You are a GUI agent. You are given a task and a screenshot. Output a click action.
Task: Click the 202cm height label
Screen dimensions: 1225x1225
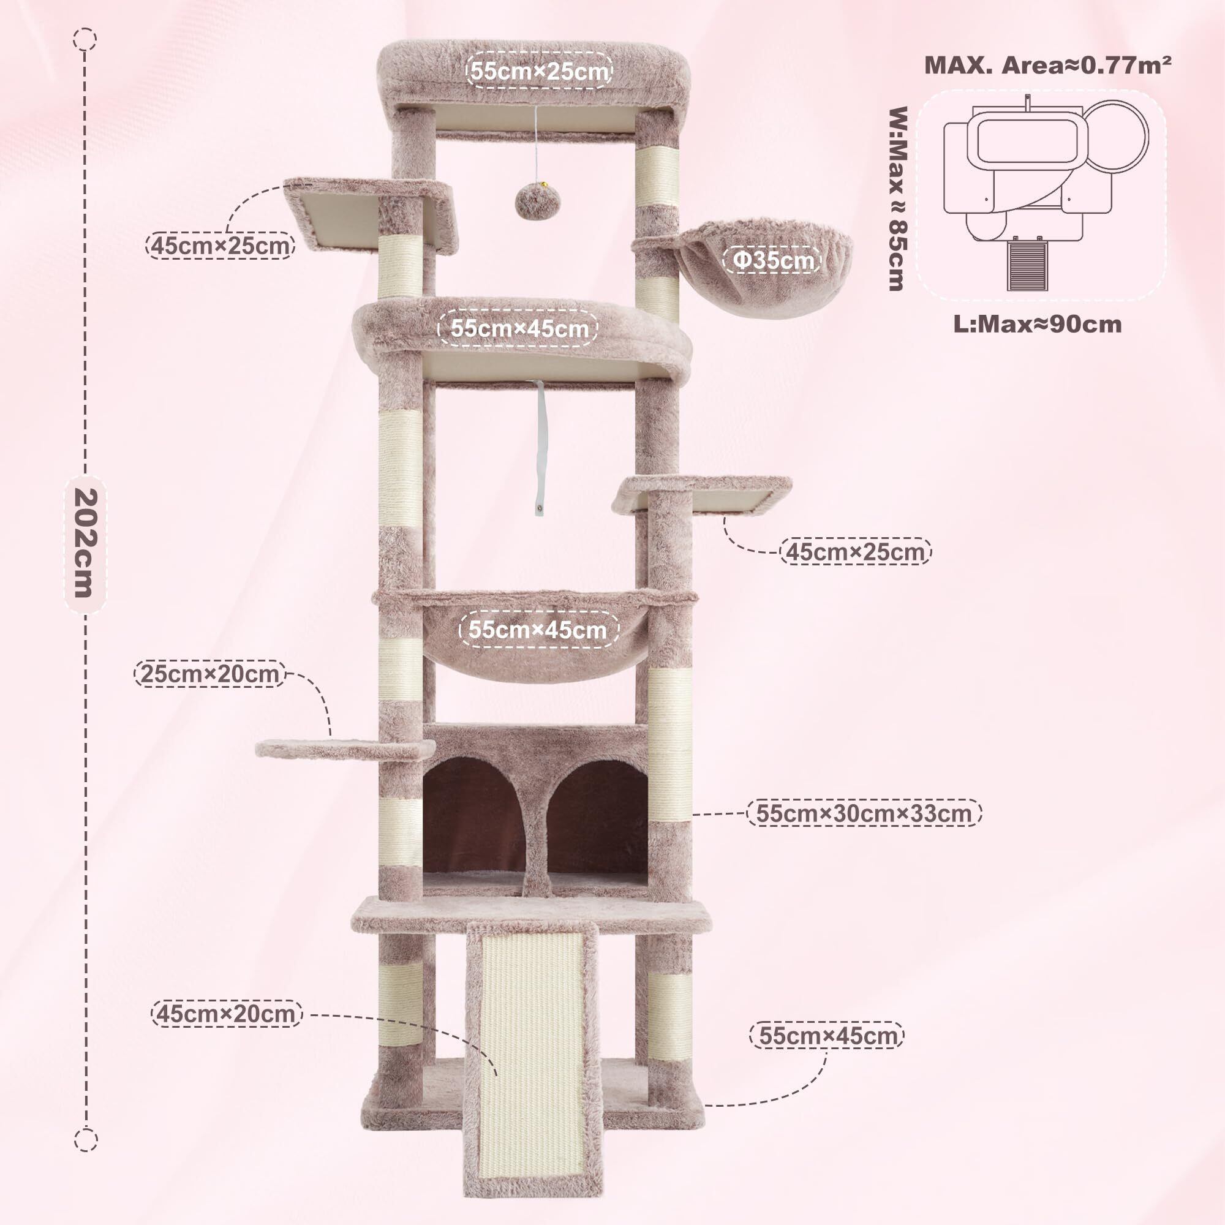pyautogui.click(x=85, y=543)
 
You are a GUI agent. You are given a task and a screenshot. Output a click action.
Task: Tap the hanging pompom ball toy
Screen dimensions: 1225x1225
pyautogui.click(x=537, y=202)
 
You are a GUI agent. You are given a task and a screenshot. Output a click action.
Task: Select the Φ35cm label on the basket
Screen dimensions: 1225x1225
pyautogui.click(x=772, y=260)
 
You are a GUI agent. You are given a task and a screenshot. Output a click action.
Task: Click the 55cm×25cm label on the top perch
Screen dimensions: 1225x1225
pyautogui.click(x=540, y=70)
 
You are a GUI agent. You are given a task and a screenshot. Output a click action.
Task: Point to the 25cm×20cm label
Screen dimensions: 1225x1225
pyautogui.click(x=210, y=673)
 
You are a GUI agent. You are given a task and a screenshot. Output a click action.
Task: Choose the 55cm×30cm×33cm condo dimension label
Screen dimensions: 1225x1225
pyautogui.click(x=864, y=813)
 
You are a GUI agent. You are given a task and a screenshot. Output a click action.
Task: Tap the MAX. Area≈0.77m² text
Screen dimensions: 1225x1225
pyautogui.click(x=1047, y=66)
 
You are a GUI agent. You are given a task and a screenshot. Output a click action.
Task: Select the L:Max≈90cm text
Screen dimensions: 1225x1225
pyautogui.click(x=1038, y=324)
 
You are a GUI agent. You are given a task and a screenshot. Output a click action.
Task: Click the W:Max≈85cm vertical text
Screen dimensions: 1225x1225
pyautogui.click(x=897, y=198)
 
